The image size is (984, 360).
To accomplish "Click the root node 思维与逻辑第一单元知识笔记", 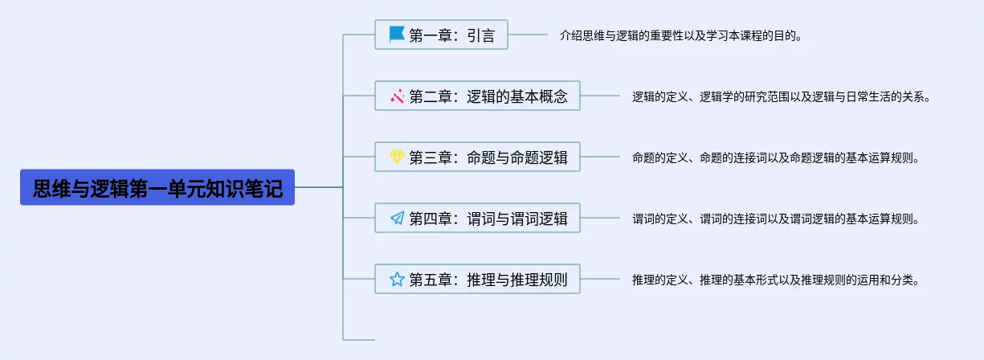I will [x=157, y=188].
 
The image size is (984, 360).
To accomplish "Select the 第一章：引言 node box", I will [x=441, y=35].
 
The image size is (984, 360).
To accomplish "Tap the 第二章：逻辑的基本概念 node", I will [x=477, y=96].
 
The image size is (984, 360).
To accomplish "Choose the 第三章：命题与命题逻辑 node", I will [x=477, y=157].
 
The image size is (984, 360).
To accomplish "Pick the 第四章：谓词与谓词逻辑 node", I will [x=477, y=219].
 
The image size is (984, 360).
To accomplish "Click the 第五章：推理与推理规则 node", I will [x=477, y=280].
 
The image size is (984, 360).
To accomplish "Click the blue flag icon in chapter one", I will [x=397, y=35].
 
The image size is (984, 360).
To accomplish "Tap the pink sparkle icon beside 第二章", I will [x=397, y=96].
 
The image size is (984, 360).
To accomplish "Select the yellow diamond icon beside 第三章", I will [x=397, y=157].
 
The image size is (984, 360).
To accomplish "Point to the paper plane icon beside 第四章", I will [x=397, y=219].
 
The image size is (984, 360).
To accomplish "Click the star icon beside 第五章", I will [x=397, y=280].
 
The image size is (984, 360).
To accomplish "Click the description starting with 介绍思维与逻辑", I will [x=680, y=35].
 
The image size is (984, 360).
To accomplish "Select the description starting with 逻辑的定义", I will [x=781, y=96].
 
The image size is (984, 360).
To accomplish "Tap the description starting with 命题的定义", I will [x=774, y=157].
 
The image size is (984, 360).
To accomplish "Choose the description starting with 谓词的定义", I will [x=774, y=219].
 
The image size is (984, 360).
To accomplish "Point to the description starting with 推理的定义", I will [x=774, y=280].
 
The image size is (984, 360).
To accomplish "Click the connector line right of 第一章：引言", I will [x=528, y=35].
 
